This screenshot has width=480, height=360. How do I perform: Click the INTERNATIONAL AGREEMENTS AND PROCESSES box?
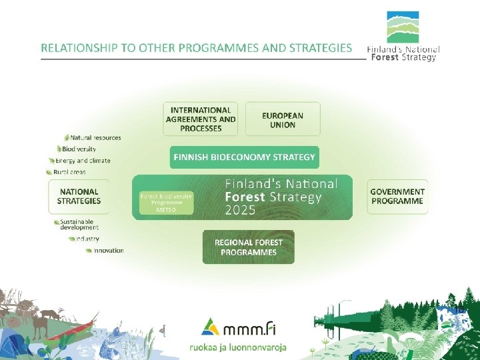(201, 119)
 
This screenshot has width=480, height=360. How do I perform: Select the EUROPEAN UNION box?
(283, 119)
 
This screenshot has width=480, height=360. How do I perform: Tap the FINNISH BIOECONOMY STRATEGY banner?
(244, 157)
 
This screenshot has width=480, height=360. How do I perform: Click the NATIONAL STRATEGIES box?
(79, 196)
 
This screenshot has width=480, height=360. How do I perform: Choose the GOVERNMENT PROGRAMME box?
(397, 196)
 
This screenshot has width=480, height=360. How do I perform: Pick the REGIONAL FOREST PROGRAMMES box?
(248, 247)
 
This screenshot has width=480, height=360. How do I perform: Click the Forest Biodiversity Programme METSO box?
(166, 203)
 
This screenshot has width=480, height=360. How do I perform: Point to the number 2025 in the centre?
(241, 211)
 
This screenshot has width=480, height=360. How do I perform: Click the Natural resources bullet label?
(95, 137)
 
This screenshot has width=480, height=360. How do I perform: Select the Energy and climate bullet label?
(83, 161)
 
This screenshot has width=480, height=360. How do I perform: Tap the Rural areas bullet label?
(69, 172)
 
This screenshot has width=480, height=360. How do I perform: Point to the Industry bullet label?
(87, 238)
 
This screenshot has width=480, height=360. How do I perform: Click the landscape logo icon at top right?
(403, 27)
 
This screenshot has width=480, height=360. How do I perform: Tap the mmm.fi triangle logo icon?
(210, 325)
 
